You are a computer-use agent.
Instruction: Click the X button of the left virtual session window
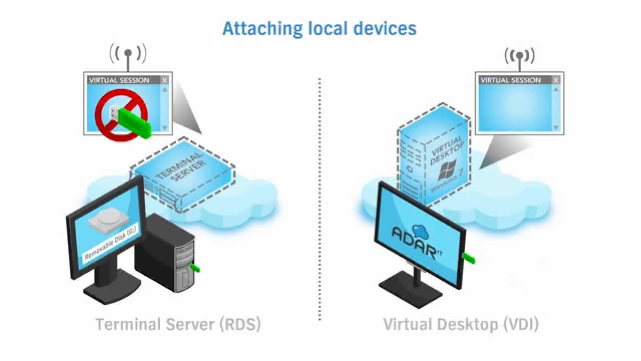pyautogui.click(x=165, y=80)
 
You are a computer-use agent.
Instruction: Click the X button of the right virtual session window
pyautogui.click(x=556, y=80)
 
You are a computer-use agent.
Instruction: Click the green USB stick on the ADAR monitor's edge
pyautogui.click(x=469, y=258)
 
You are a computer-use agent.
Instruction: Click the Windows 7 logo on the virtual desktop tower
pyautogui.click(x=447, y=172)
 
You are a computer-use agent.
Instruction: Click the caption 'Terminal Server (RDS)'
pyautogui.click(x=178, y=324)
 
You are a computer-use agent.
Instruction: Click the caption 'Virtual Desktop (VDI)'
pyautogui.click(x=461, y=324)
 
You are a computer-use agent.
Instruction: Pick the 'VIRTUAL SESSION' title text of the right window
pyautogui.click(x=510, y=80)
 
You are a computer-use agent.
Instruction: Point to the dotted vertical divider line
pyautogui.click(x=319, y=201)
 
